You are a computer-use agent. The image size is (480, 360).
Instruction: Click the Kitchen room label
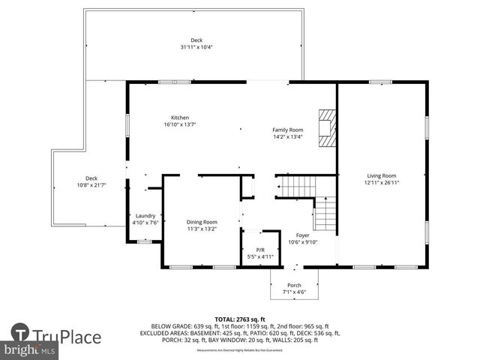pos(179,118)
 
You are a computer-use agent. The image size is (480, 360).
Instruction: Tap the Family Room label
pos(287,130)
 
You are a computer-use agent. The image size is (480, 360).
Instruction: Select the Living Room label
pos(381,175)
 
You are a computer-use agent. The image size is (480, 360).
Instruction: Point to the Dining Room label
pos(202,222)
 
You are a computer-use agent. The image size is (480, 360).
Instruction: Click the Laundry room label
pos(145,215)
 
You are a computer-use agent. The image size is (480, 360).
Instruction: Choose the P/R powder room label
pos(260,250)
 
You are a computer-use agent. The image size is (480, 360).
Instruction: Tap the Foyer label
pos(302,235)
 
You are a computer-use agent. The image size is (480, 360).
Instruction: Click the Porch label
pos(293,285)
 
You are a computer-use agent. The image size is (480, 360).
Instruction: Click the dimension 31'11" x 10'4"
pos(196,47)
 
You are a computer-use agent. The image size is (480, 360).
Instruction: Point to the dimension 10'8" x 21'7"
pos(91,185)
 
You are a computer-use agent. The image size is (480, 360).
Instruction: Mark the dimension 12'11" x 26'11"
pos(381,181)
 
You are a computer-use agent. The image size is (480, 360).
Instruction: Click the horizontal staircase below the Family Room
pos(296,185)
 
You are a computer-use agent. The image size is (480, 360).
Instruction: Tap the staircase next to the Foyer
pos(325,214)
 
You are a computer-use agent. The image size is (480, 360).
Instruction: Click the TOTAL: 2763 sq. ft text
pos(240,319)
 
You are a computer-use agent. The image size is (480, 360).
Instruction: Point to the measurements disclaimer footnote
pos(240,350)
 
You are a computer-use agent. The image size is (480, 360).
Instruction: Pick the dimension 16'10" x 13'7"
pos(179,124)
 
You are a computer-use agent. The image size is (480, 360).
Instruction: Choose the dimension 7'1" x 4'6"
pos(293,292)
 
